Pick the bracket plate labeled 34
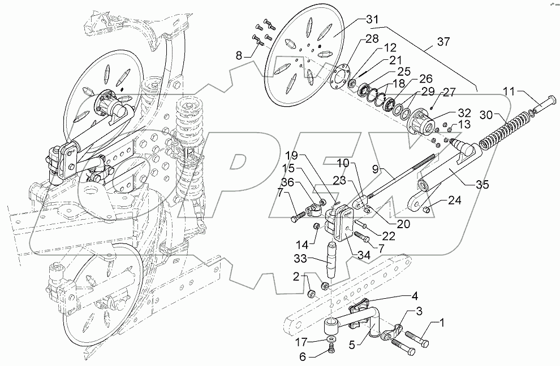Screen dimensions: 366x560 343,224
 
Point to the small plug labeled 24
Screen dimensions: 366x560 428,211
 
